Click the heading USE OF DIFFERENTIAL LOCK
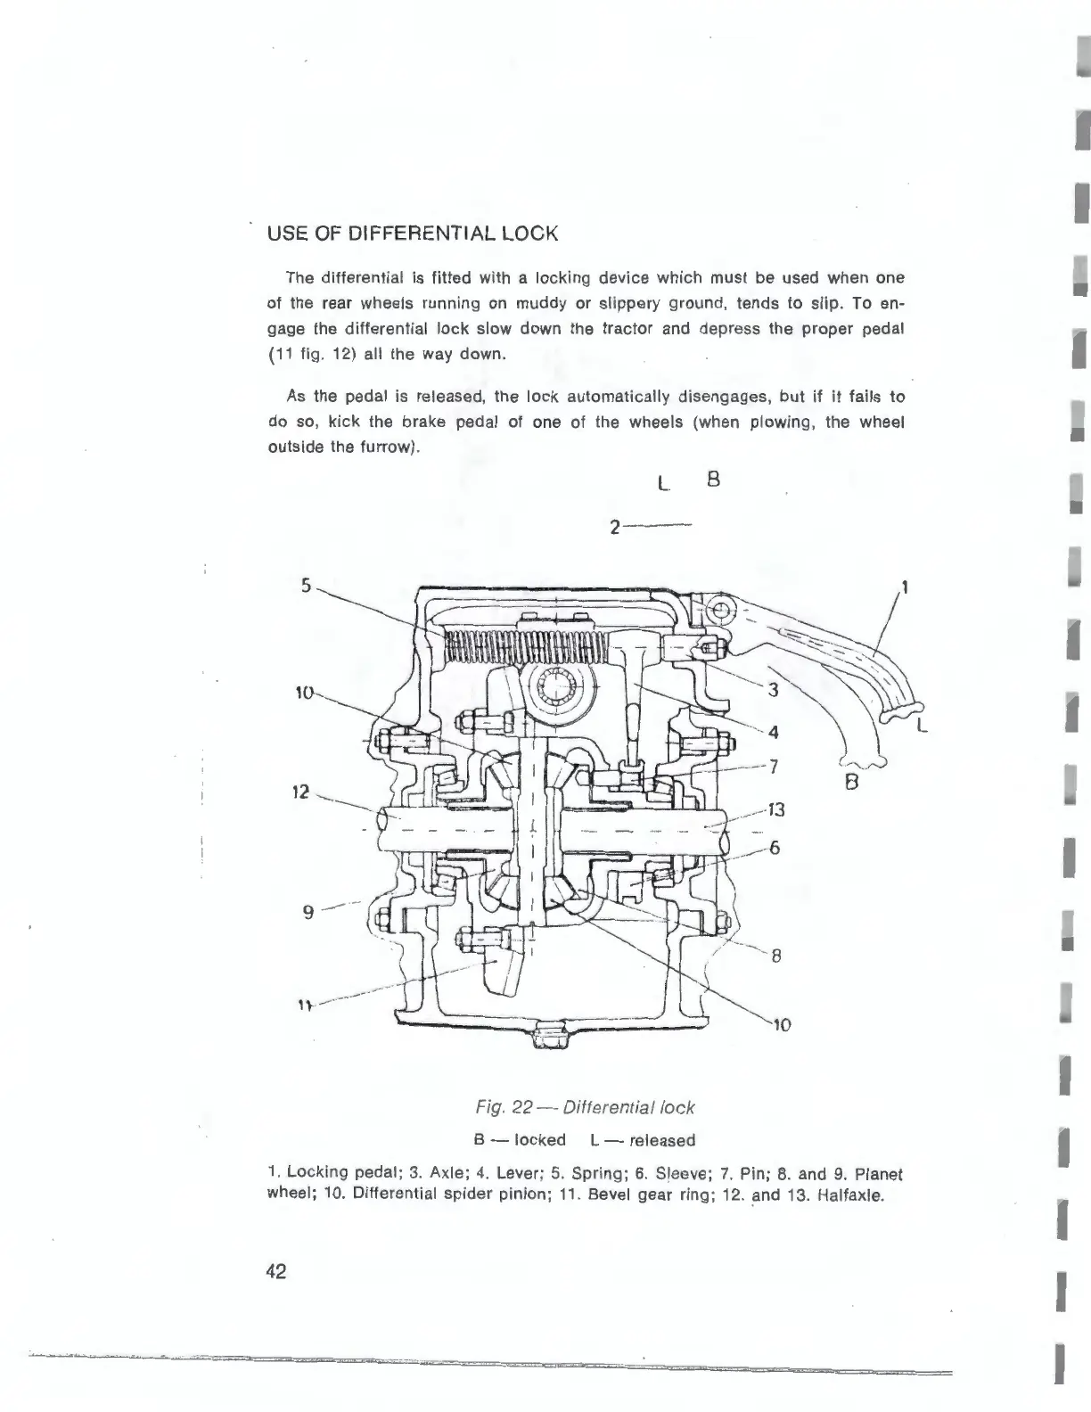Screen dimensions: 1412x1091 click(413, 234)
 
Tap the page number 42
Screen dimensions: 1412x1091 click(275, 1272)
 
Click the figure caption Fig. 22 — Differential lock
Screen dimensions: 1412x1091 click(585, 1107)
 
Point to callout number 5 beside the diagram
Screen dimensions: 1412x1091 click(306, 586)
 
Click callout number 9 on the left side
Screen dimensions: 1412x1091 click(308, 912)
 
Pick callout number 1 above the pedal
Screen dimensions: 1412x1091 click(906, 587)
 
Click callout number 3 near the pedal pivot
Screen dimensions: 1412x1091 click(774, 689)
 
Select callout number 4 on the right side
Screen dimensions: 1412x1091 click(773, 733)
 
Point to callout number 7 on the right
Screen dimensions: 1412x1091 click(774, 764)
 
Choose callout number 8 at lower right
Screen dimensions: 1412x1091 click(776, 957)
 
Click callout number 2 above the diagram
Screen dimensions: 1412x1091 click(615, 528)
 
